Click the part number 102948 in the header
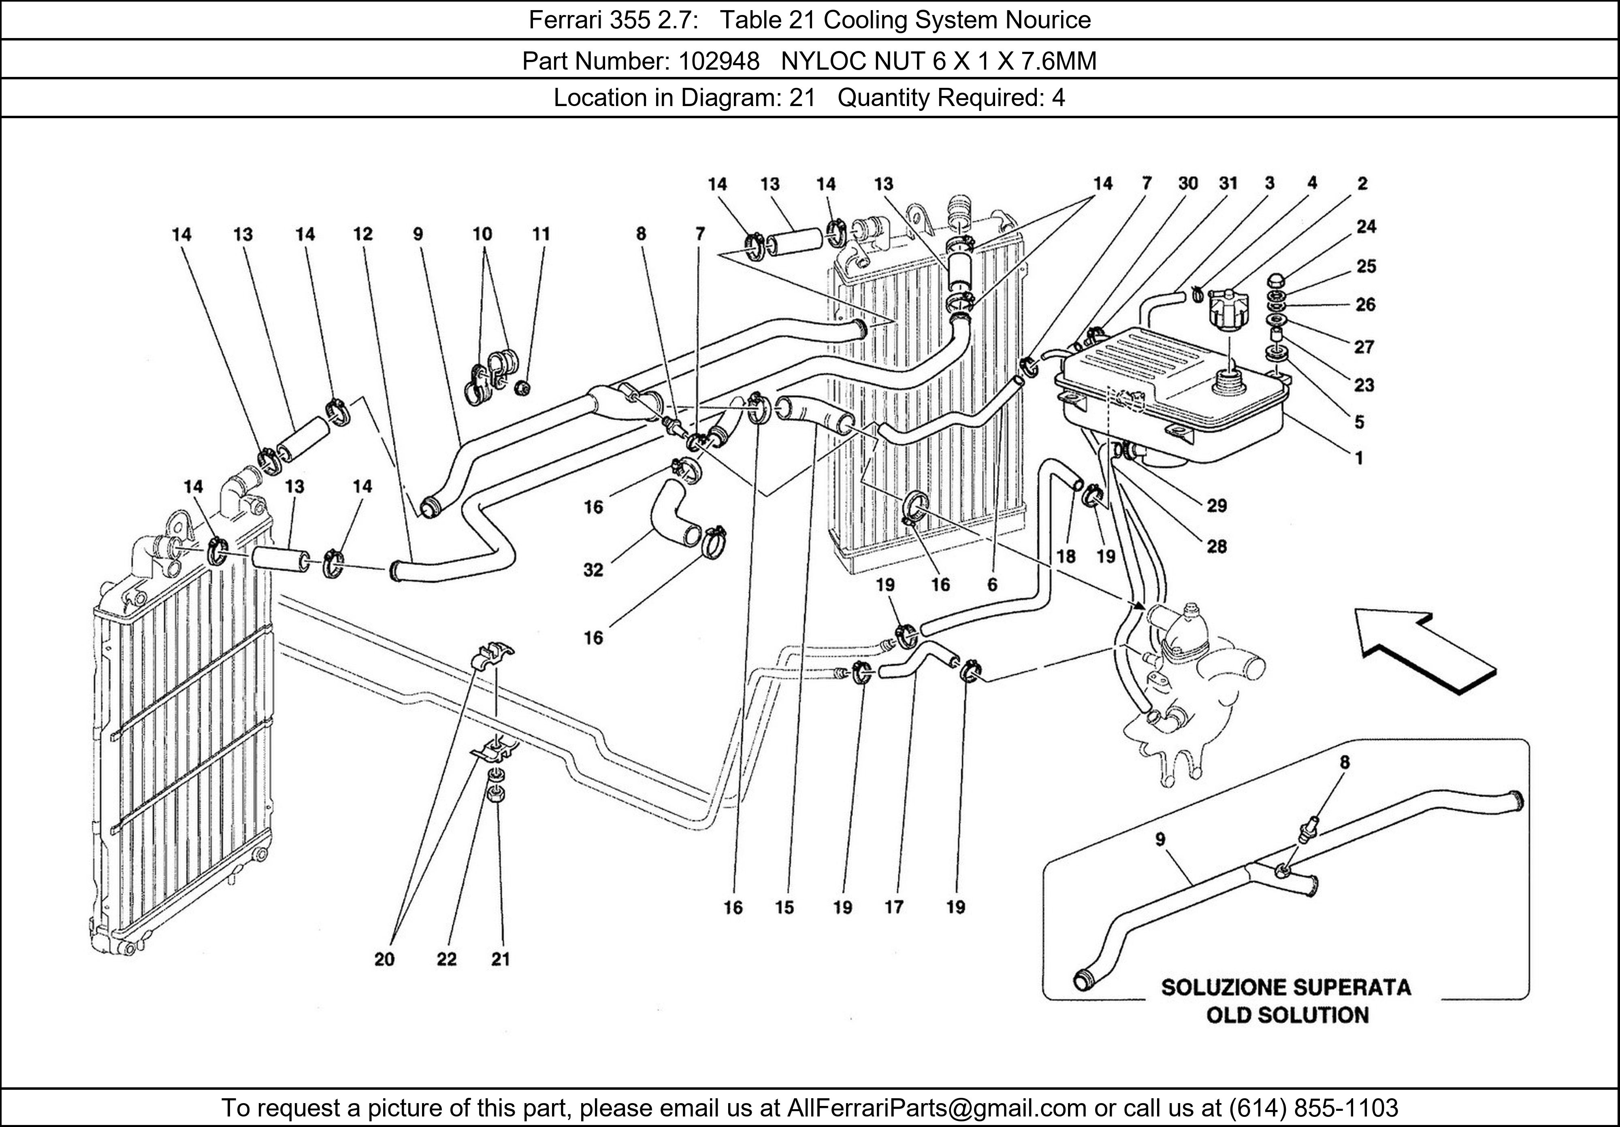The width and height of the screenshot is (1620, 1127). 718,62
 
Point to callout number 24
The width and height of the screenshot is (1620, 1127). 1366,226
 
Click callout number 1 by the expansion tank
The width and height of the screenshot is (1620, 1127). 1359,458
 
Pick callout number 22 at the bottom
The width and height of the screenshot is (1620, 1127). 447,959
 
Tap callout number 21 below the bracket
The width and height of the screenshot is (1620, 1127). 500,959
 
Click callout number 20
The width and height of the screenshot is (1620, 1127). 384,959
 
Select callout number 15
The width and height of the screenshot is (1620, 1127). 784,908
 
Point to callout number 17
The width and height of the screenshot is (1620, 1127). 894,908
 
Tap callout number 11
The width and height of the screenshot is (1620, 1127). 541,234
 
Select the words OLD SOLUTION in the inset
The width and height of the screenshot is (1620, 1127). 1287,1016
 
